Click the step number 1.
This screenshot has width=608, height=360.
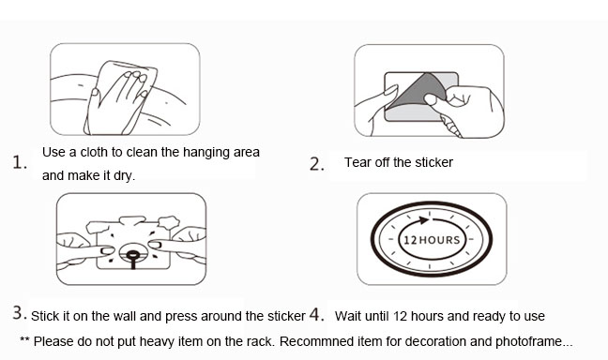(20, 162)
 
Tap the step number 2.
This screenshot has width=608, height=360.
(317, 164)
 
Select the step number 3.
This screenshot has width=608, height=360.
(20, 313)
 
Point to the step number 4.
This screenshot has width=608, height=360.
(316, 314)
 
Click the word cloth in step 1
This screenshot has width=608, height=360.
(94, 152)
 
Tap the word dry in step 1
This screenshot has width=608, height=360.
(124, 176)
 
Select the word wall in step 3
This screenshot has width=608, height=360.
(125, 316)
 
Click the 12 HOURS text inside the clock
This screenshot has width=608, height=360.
(432, 240)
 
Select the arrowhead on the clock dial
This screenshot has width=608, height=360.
(423, 220)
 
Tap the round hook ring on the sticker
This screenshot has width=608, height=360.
(132, 255)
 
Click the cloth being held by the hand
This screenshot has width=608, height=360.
(121, 97)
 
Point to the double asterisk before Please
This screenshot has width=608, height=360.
(24, 340)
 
